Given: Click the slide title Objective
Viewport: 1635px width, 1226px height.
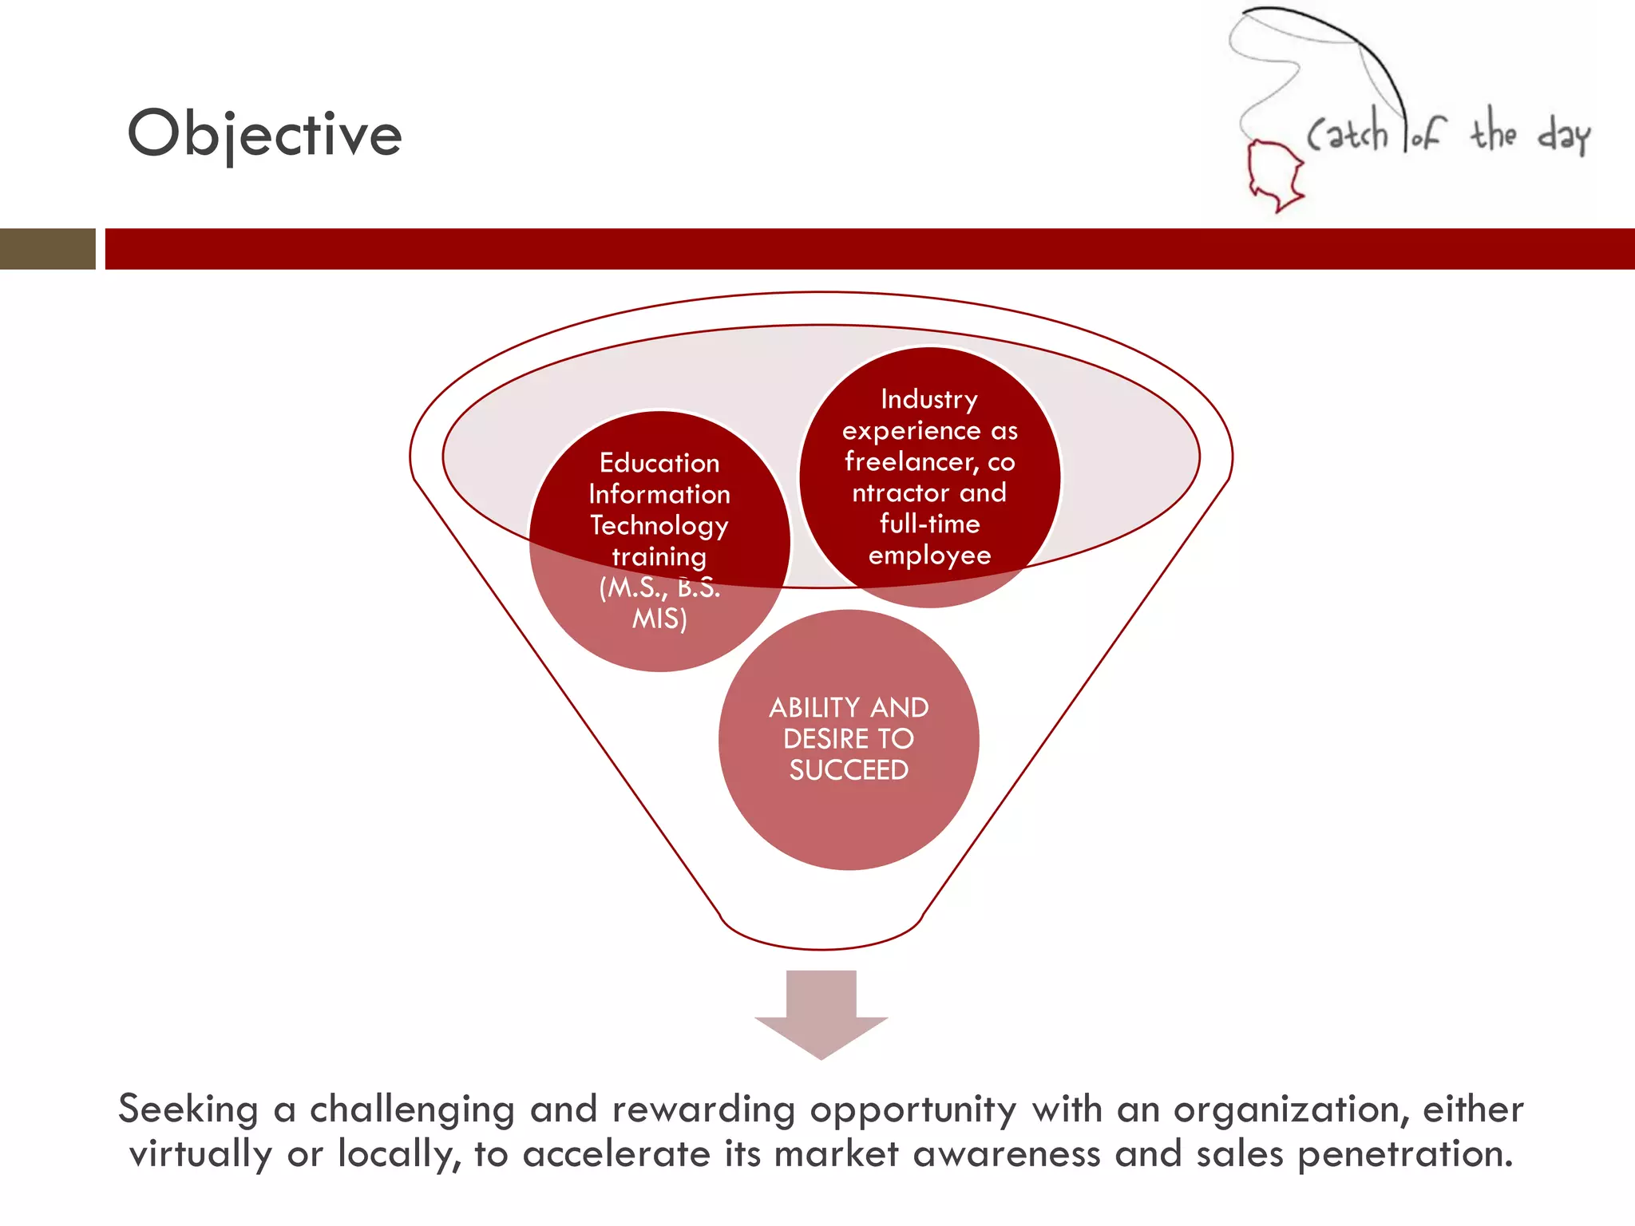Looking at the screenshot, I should point(264,134).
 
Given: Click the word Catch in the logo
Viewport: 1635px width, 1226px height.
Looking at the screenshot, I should point(1348,132).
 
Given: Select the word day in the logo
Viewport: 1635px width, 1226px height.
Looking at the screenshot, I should point(1563,134).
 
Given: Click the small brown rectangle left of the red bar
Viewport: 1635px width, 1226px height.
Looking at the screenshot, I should point(47,248).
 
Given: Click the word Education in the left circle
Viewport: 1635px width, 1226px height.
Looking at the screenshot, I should point(659,463).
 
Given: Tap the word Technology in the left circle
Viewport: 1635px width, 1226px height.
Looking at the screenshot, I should point(659,525).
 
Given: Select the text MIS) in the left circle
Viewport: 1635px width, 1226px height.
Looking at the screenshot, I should point(659,619).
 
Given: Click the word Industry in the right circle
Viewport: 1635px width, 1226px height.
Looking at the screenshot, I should point(929,399).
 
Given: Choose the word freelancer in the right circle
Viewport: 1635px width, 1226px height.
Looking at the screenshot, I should point(910,461).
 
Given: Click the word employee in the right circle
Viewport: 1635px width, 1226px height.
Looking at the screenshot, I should point(929,555).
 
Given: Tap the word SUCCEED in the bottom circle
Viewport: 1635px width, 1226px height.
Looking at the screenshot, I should point(849,769).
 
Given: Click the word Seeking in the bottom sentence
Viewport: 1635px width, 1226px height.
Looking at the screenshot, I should point(188,1109).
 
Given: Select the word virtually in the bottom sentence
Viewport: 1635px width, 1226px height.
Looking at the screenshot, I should point(201,1154).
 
